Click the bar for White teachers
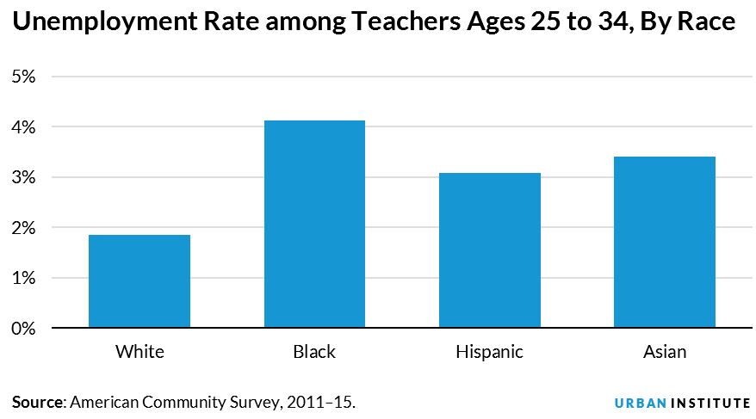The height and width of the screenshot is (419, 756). point(139,281)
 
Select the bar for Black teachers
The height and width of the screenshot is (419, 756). point(314,225)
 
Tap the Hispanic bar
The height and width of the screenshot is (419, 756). point(490,250)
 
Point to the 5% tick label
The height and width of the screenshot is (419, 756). point(22,77)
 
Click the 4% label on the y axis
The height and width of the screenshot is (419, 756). point(22,127)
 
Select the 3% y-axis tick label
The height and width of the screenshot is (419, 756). point(22,177)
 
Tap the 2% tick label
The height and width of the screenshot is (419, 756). point(22,228)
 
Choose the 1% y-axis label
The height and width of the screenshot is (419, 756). point(22,278)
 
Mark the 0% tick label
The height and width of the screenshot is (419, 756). point(22,329)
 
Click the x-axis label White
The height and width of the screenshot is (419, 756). point(139,352)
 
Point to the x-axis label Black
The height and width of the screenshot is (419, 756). point(314,352)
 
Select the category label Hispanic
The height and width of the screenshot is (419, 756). point(490,352)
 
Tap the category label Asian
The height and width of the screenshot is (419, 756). point(665,352)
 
